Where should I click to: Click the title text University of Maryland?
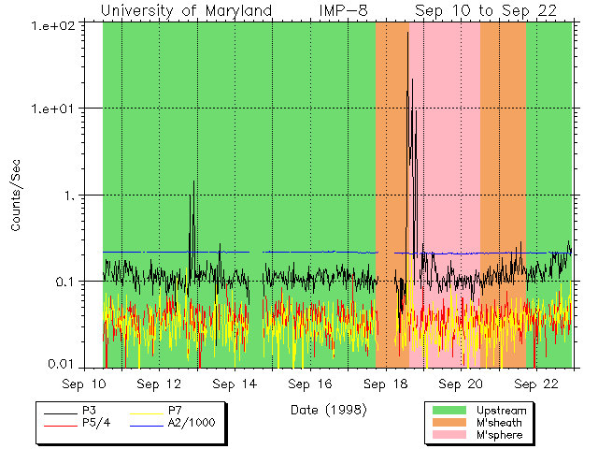click(186, 10)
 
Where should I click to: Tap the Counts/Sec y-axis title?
click(17, 196)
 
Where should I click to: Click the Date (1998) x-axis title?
click(327, 409)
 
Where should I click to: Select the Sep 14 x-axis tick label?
click(234, 384)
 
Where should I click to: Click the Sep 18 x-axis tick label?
click(387, 384)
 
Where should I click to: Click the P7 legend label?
click(175, 411)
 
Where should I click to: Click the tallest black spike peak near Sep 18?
click(407, 34)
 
